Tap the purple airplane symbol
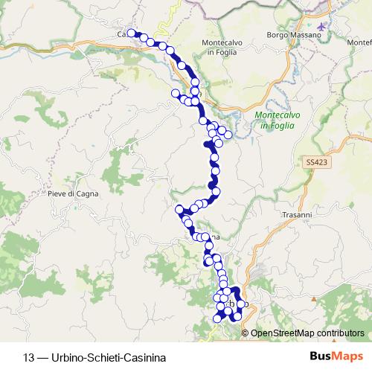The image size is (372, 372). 321,27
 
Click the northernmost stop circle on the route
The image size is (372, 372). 132,33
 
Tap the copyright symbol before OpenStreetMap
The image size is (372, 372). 246,333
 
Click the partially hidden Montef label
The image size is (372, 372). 359,42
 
